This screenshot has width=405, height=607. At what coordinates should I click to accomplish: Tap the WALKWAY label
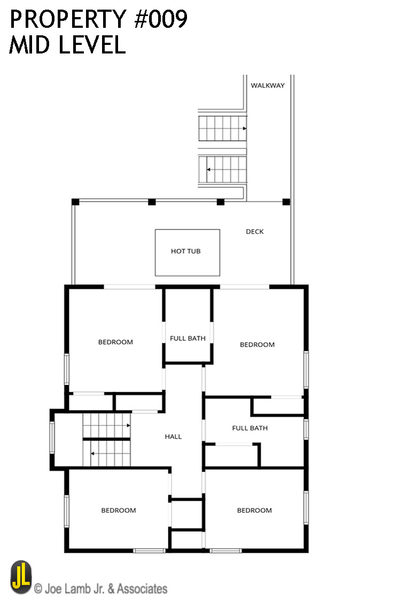tap(268, 86)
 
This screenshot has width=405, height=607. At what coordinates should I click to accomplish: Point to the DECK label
tap(255, 232)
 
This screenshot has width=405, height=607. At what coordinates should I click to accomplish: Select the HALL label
tap(173, 436)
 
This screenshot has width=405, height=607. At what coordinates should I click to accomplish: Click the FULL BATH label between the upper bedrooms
tap(188, 339)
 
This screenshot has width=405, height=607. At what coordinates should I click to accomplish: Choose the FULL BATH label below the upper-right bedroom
tap(250, 428)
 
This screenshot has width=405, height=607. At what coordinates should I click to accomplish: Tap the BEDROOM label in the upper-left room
tap(115, 342)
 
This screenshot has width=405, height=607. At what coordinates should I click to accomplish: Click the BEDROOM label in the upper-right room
tap(257, 344)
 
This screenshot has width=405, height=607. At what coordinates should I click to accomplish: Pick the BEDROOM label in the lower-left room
tap(119, 510)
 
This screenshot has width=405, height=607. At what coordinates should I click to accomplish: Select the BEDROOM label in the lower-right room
tap(254, 510)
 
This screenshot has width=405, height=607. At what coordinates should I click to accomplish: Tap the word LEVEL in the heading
tap(92, 45)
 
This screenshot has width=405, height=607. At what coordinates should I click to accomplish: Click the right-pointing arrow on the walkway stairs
tap(244, 128)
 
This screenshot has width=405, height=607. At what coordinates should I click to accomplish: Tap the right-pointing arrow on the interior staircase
tap(128, 426)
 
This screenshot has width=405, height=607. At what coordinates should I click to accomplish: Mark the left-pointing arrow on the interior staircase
tap(92, 454)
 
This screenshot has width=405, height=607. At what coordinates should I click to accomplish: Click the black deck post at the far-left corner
tap(75, 202)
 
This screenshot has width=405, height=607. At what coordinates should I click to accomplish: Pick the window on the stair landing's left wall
tap(52, 437)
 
